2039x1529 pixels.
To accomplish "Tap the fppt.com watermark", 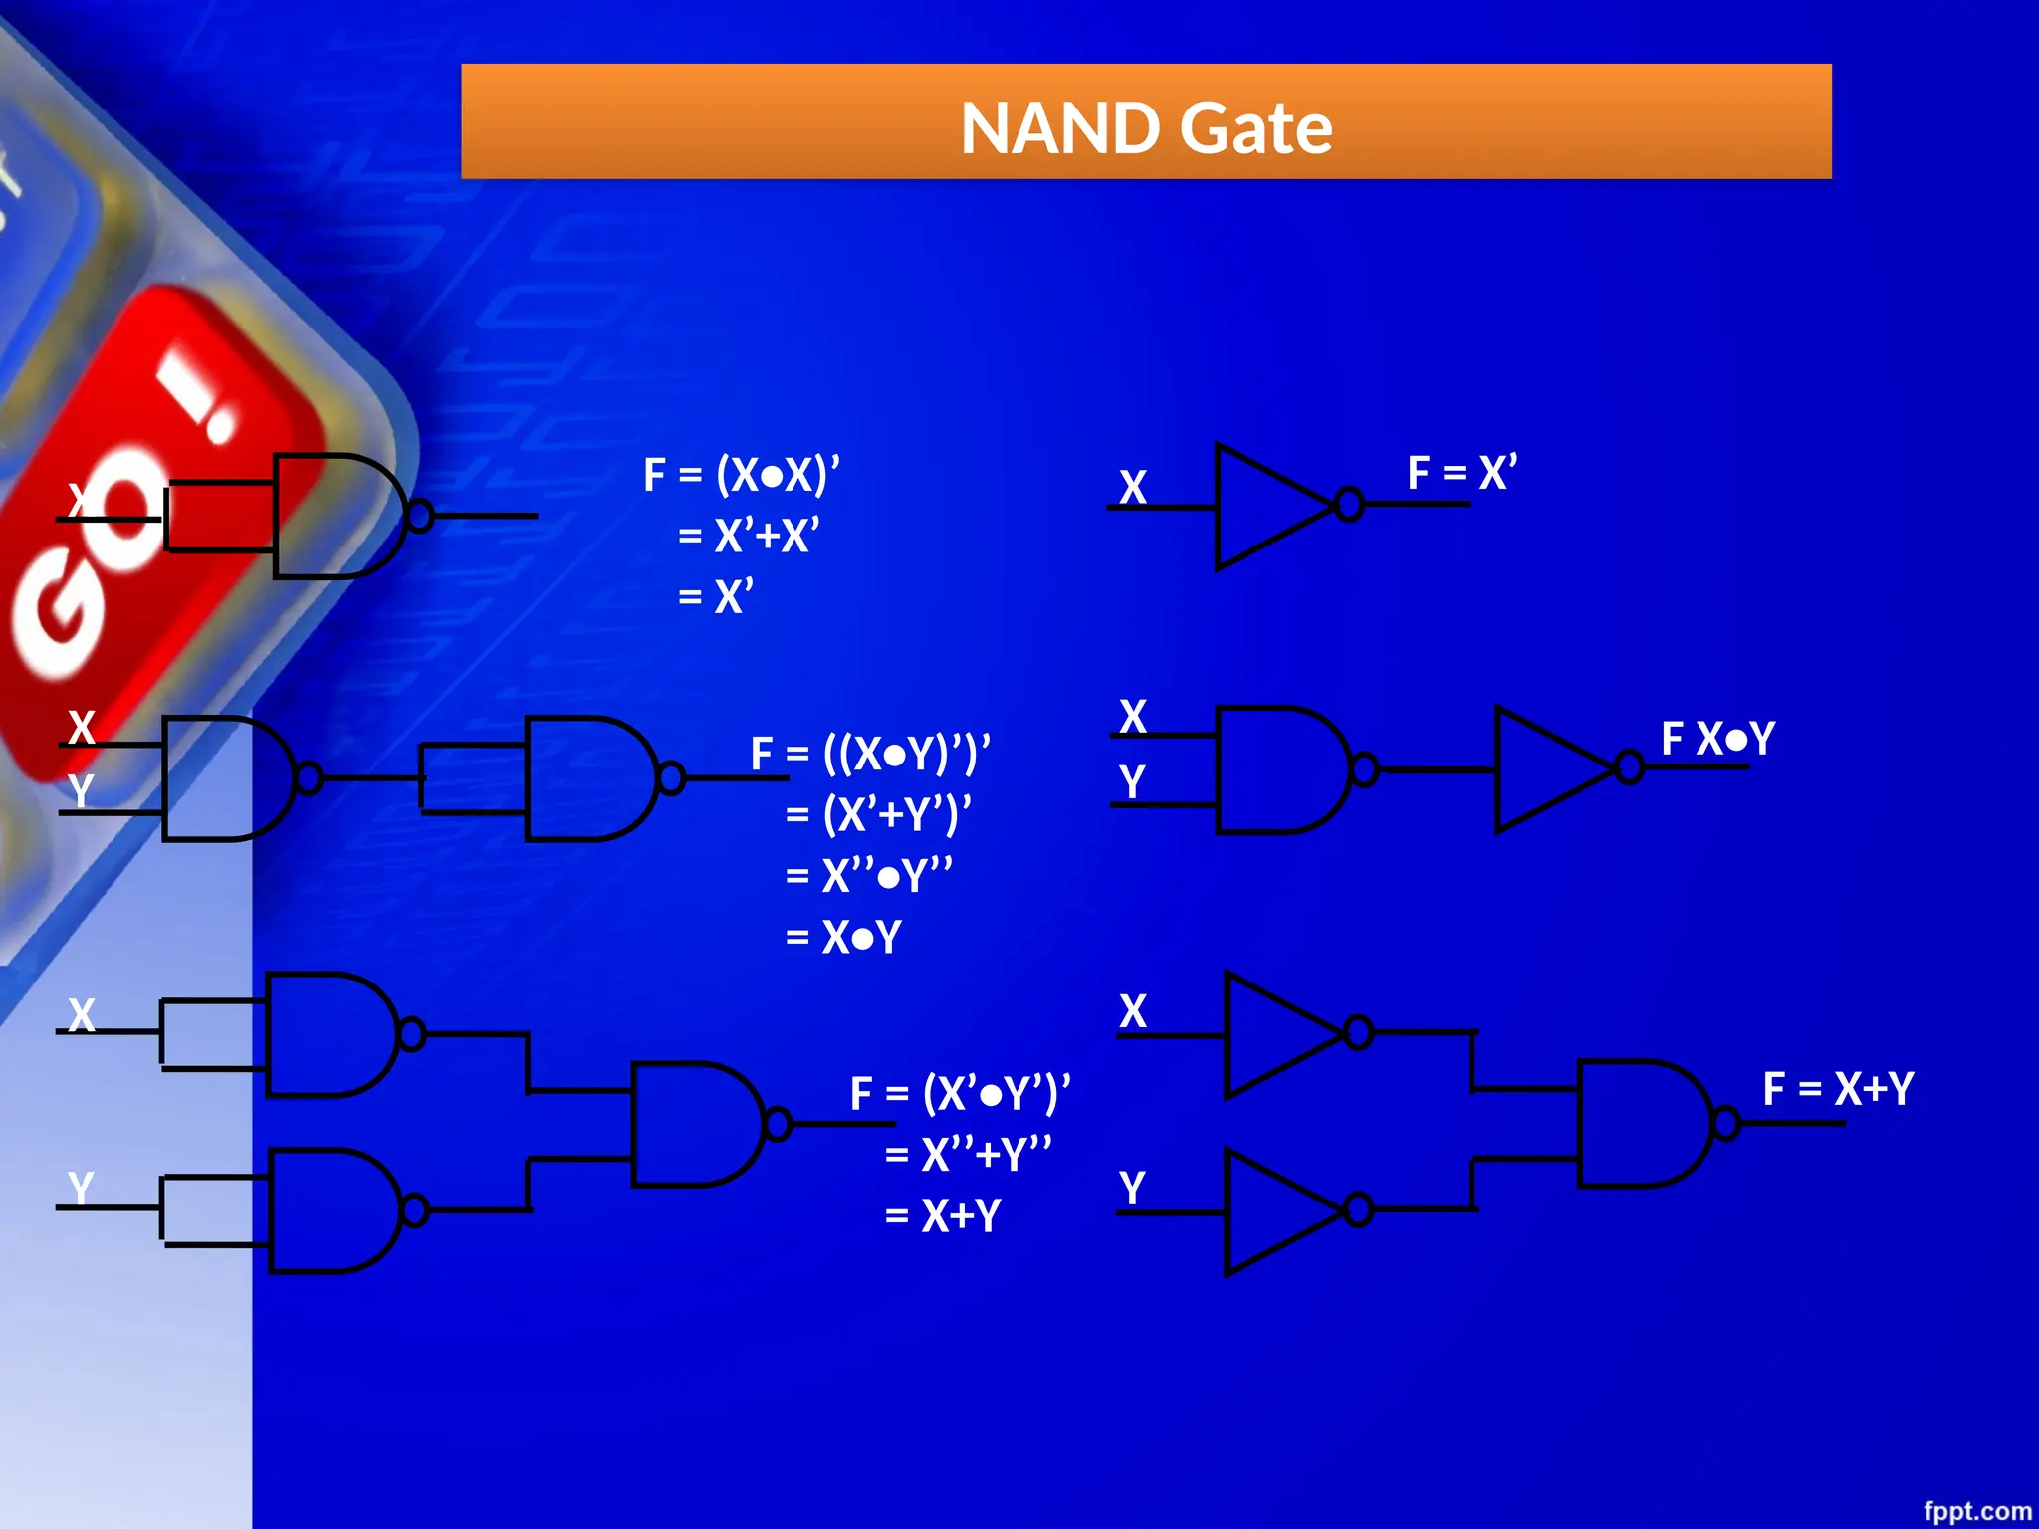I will pos(1976,1510).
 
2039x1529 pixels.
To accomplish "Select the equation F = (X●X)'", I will pos(742,474).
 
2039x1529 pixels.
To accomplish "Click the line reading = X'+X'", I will pos(748,536).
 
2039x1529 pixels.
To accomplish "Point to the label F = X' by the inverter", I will pos(1462,472).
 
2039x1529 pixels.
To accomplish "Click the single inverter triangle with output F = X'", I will pos(1269,506).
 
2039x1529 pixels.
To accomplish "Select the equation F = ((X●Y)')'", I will pos(870,753).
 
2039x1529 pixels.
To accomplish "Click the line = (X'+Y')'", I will pos(877,814).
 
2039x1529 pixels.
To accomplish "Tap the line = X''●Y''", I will pos(868,876).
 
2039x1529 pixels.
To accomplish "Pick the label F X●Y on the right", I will pos(1717,739).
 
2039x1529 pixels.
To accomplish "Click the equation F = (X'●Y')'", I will pos(960,1092).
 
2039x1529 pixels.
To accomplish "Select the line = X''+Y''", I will pos(968,1154).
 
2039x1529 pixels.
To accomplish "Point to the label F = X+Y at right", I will pos(1837,1088).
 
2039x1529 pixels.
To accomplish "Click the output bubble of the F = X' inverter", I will pos(1349,505).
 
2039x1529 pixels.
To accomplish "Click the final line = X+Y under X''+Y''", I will pos(942,1215).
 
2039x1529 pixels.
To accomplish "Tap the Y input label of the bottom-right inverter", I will pos(1132,1187).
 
